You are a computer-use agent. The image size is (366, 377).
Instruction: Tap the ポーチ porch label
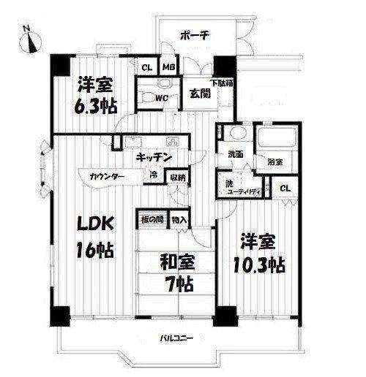[195, 36]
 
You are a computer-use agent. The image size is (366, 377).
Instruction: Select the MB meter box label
[169, 67]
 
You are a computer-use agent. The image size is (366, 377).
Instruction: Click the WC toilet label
[162, 98]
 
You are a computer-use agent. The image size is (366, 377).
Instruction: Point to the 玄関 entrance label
[200, 94]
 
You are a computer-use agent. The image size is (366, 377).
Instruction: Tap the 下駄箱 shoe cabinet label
[222, 83]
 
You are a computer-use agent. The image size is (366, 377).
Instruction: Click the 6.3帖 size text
[96, 107]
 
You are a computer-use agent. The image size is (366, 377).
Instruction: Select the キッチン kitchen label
[154, 158]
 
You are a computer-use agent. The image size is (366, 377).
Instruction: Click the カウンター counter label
[107, 177]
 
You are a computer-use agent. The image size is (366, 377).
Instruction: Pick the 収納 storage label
[178, 178]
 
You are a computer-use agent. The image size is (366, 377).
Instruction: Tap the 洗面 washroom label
[235, 154]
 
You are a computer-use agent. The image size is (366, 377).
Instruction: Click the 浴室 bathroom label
[275, 161]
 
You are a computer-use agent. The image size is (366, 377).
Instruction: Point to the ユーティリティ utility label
[242, 192]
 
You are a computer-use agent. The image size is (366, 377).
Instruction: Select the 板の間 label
[152, 220]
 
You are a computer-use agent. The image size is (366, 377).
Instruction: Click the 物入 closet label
[179, 220]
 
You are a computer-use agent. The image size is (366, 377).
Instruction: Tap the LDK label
[95, 224]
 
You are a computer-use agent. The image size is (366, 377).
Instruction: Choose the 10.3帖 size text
[259, 265]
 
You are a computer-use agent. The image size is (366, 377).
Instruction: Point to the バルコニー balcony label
[176, 338]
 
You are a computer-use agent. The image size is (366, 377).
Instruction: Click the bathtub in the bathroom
[277, 137]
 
